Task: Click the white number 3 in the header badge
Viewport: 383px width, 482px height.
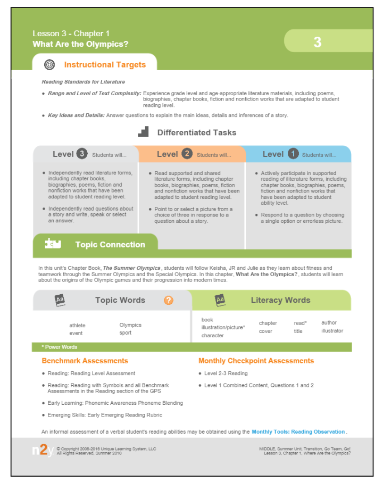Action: (318, 42)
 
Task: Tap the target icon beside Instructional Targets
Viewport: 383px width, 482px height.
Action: (49, 64)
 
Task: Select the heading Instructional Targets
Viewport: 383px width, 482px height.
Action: (105, 65)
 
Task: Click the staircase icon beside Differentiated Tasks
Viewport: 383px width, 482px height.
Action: (143, 131)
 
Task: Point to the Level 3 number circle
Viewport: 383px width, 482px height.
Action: (81, 154)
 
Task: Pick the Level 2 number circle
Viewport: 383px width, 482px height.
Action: (187, 154)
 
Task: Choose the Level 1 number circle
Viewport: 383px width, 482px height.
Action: (293, 154)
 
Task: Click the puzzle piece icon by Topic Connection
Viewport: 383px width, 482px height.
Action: (53, 244)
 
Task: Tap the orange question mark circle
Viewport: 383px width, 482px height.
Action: (169, 300)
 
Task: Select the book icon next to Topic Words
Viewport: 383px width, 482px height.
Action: (60, 300)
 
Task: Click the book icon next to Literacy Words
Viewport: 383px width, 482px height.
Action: (220, 300)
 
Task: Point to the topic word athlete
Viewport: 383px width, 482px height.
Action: (77, 325)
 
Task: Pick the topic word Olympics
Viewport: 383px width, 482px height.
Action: (130, 325)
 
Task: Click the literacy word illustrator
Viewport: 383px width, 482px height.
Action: (332, 331)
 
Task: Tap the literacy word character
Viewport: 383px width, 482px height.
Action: (212, 336)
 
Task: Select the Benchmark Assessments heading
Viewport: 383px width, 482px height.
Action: (85, 361)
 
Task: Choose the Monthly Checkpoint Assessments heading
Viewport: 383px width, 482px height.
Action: (256, 361)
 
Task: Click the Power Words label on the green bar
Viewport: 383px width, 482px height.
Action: (60, 347)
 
